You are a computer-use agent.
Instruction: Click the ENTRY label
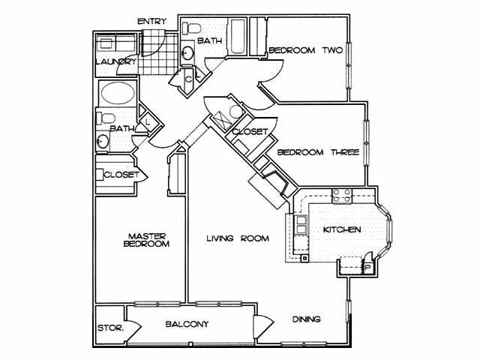click(x=151, y=21)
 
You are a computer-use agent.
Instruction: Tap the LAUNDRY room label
click(x=115, y=62)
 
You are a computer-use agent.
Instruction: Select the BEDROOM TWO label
click(x=305, y=50)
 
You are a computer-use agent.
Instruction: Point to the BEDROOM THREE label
click(x=318, y=152)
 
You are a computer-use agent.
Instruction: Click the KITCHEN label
click(x=342, y=229)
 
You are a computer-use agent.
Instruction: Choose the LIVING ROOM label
click(x=238, y=239)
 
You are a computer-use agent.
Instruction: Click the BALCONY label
click(x=187, y=324)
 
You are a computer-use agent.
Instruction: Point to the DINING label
click(x=307, y=319)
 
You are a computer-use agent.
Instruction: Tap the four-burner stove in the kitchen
click(x=342, y=196)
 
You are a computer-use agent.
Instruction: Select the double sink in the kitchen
click(x=300, y=225)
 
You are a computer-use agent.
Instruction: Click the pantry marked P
click(x=368, y=266)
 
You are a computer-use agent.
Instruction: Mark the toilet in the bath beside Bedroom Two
click(x=193, y=29)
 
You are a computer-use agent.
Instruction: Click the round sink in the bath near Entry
click(x=187, y=52)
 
